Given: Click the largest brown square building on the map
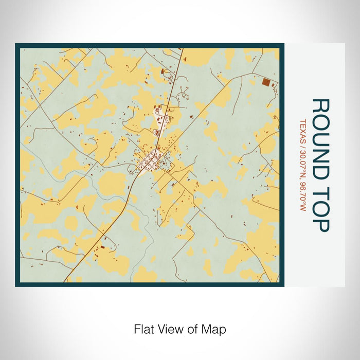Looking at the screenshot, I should point(266,82).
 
